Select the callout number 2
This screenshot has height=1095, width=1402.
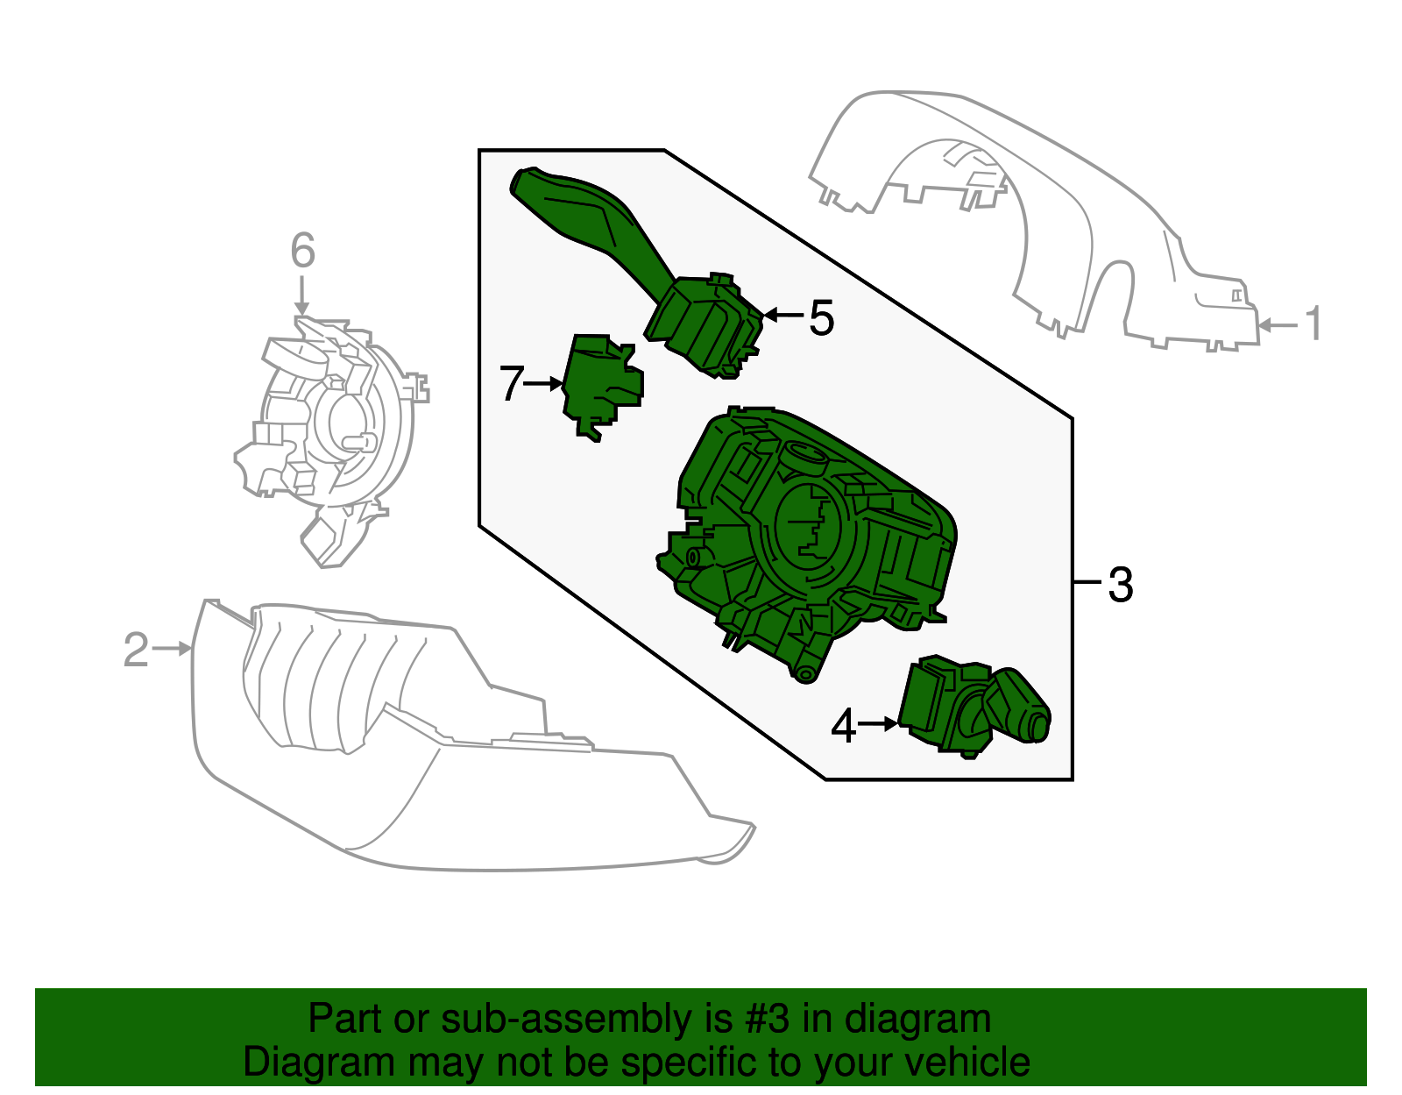[x=136, y=650]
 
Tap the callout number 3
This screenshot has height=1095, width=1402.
[x=1121, y=585]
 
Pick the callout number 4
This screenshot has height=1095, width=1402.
[x=843, y=726]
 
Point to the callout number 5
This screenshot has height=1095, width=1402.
[x=821, y=317]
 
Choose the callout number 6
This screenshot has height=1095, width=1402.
[x=302, y=250]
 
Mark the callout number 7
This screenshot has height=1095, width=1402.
[x=512, y=383]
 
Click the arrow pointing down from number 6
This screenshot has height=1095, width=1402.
[x=302, y=295]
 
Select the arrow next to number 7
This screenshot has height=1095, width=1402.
[x=542, y=384]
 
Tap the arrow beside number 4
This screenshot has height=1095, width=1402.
[x=877, y=724]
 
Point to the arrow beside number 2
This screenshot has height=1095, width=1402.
[x=171, y=649]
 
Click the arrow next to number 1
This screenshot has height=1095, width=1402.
[x=1278, y=325]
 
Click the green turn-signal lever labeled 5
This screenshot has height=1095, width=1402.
[x=639, y=271]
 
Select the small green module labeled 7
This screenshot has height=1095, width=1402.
[x=601, y=385]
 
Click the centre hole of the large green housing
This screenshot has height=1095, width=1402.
[x=806, y=526]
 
